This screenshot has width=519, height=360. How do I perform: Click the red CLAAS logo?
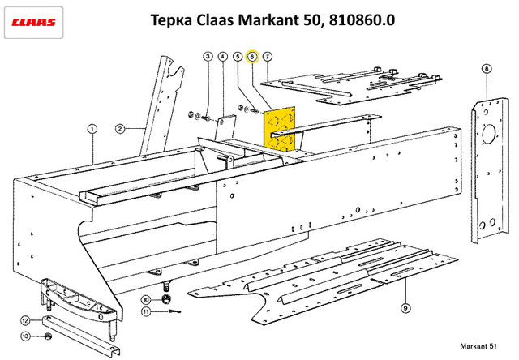(33, 23)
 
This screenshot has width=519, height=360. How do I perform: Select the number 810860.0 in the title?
(362, 19)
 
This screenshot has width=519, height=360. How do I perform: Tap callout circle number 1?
(92, 129)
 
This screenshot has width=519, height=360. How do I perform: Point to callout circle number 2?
(120, 128)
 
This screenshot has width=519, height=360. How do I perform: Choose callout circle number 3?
(208, 57)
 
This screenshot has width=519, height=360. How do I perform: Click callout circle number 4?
(223, 57)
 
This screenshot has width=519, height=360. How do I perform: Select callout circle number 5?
(238, 57)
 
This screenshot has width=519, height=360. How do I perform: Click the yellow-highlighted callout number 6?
(252, 57)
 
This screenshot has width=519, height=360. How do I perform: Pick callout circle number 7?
(268, 57)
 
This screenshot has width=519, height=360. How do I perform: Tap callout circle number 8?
(487, 69)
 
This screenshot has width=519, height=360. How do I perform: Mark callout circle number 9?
(405, 308)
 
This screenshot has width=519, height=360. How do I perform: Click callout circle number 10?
(146, 300)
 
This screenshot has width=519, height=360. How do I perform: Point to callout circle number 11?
(146, 311)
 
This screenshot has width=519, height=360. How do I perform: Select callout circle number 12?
(25, 320)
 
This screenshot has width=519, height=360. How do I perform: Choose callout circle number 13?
(25, 336)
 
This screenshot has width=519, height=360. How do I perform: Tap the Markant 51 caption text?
(478, 346)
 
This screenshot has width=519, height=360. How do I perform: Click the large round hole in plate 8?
(489, 134)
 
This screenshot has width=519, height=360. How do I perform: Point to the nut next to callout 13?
(49, 336)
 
